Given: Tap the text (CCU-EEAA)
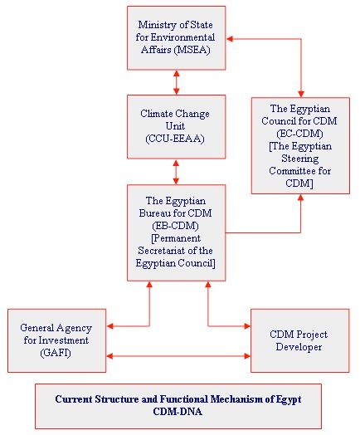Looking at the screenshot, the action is [x=175, y=139].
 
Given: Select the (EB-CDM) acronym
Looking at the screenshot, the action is [x=175, y=226].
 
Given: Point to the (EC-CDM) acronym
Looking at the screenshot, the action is [x=299, y=134].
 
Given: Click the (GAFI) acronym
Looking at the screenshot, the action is [x=56, y=353].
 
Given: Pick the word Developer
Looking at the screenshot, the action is [x=299, y=347].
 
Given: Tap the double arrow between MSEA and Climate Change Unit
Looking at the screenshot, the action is [x=176, y=82].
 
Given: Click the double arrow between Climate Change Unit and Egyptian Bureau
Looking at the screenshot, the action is [x=176, y=172].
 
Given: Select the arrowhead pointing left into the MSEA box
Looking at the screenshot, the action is [x=230, y=39].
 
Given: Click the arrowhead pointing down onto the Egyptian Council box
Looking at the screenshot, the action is [x=301, y=94].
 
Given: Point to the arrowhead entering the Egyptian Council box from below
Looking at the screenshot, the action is [x=301, y=198].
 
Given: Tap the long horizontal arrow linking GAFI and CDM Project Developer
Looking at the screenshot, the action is [x=178, y=356].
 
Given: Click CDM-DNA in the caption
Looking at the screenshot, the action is [x=178, y=412].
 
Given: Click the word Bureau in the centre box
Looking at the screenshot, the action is [x=155, y=213].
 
